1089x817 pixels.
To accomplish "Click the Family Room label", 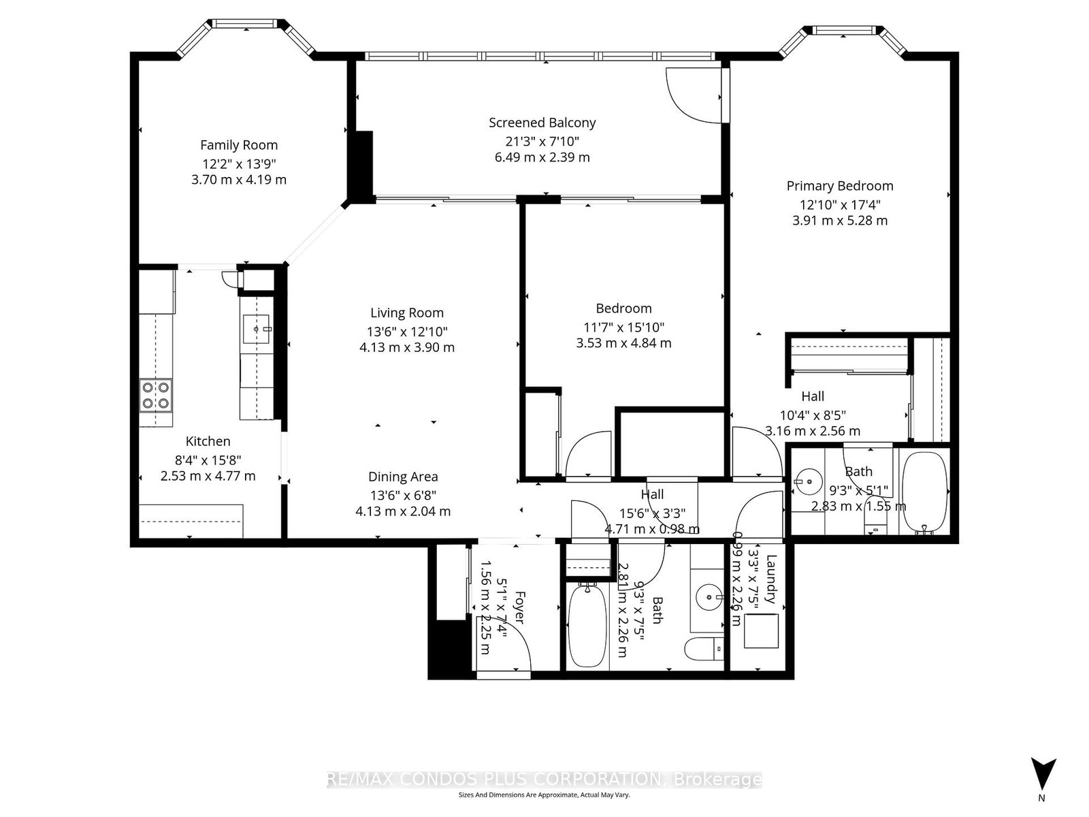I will tap(239, 145).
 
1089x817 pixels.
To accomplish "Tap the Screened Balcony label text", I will tap(542, 123).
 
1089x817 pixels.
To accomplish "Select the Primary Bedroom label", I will tap(839, 186).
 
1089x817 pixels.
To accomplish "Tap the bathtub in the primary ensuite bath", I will tap(924, 492).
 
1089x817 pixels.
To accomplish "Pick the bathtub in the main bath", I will tap(587, 626).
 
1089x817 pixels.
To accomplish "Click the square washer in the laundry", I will tap(760, 630).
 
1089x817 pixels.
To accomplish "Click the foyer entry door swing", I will tap(505, 640).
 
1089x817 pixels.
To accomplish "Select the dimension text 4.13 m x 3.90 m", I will tap(407, 347).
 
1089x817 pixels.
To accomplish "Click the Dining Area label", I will tap(403, 477).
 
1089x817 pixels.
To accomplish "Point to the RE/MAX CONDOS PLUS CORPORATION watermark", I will tap(544, 780).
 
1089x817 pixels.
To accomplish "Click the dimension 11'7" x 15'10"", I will tap(623, 327).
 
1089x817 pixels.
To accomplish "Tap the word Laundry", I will tap(770, 579).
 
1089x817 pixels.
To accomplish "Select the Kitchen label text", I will tap(208, 441).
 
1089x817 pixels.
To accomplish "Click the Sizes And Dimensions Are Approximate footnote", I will tap(544, 795).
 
